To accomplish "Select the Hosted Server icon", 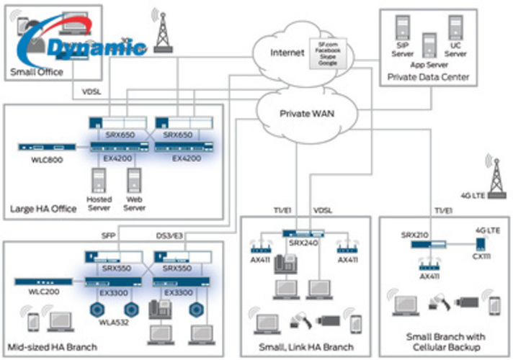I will [99, 178].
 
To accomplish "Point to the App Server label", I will [429, 63].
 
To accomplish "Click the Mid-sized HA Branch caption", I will [53, 347].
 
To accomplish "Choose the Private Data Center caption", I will [428, 77].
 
